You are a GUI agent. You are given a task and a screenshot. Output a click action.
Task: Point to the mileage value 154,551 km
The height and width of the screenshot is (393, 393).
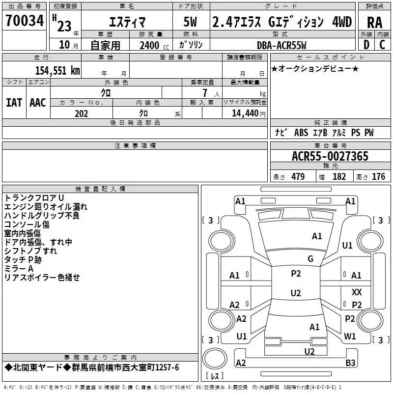[57, 70]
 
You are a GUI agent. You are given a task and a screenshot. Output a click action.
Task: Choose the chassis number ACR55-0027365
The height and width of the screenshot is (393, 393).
[330, 156]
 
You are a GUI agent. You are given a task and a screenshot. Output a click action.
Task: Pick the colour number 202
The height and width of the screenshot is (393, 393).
[82, 113]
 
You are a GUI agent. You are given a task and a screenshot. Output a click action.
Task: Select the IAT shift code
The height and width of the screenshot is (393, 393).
[14, 102]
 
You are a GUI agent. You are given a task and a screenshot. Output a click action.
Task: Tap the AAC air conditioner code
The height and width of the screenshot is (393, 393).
[38, 102]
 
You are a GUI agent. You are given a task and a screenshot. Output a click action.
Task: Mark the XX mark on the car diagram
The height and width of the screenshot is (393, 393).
[357, 292]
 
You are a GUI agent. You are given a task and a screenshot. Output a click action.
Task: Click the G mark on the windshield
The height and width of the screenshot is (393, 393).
[310, 259]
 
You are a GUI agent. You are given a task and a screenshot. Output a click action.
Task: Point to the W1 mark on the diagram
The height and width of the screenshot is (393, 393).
[350, 337]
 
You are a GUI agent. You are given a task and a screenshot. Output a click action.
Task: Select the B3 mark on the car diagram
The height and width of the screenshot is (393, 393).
[350, 363]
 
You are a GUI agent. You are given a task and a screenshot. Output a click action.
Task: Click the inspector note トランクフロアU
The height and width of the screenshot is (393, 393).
[34, 197]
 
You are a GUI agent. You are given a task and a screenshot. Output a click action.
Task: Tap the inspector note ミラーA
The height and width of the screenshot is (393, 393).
[19, 269]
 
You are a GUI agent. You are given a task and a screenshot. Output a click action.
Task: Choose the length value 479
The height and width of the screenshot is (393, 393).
[298, 177]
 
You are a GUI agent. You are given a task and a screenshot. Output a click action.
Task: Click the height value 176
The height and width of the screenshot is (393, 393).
[378, 177]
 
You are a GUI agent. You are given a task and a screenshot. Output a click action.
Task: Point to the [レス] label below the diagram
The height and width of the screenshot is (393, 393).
[215, 376]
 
